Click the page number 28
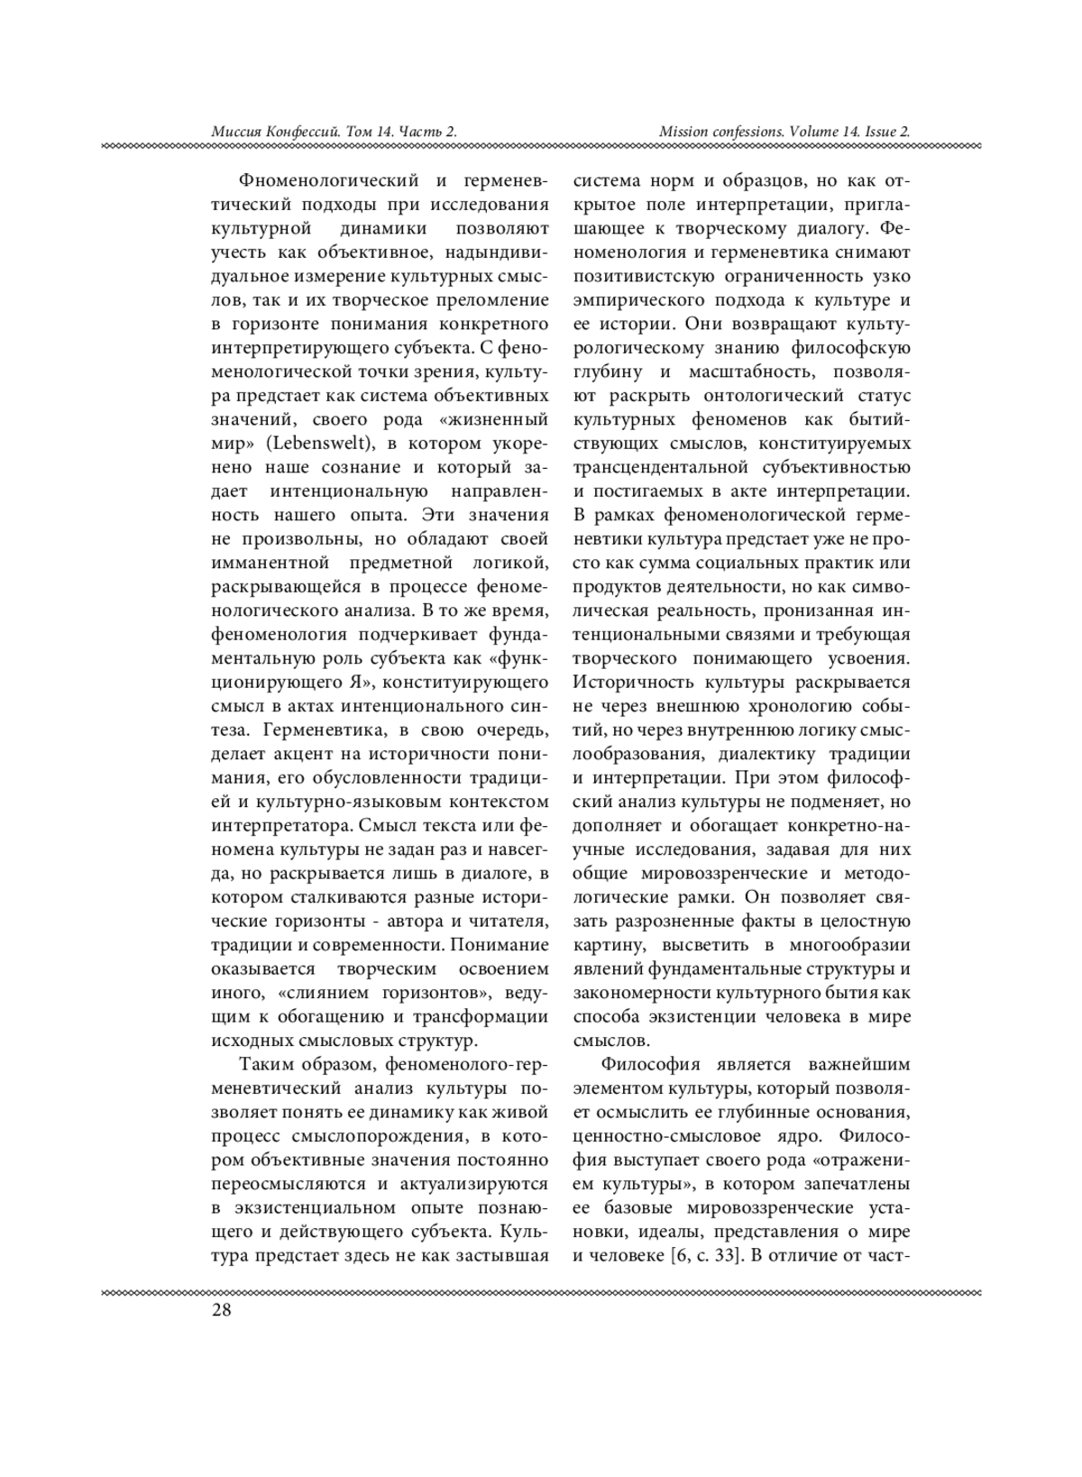point(221,1310)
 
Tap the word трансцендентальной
point(661,467)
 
